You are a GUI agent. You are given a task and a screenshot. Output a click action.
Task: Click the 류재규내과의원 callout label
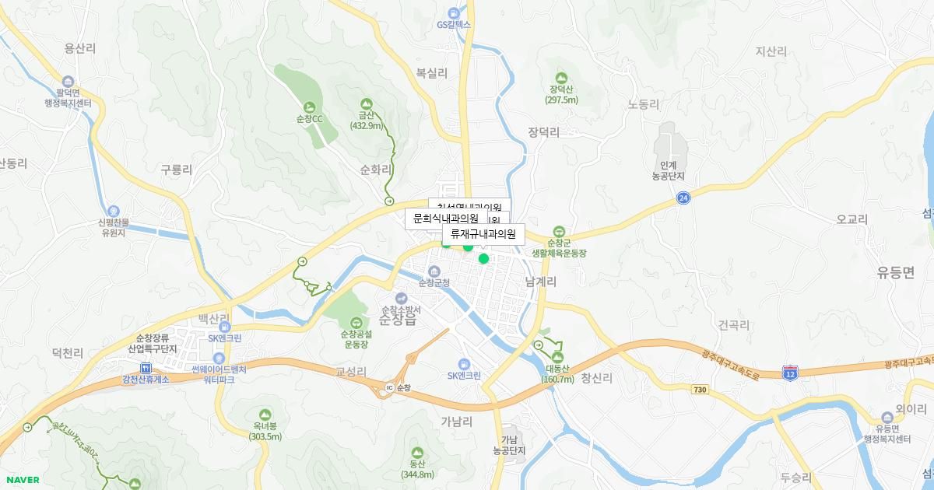[483, 233]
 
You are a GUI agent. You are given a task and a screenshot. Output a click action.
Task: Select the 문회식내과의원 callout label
[446, 219]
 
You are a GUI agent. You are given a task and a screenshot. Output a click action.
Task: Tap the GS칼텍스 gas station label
[454, 24]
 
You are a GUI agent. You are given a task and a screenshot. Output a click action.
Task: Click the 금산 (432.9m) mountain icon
[366, 103]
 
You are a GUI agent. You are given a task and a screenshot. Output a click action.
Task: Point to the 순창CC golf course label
[310, 119]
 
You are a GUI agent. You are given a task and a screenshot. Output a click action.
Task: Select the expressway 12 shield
[791, 373]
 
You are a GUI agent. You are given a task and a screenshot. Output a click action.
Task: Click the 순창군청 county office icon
[434, 270]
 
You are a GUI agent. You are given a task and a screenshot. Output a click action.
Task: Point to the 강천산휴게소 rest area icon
[145, 368]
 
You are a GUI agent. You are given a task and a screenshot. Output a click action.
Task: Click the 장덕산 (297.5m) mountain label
[561, 94]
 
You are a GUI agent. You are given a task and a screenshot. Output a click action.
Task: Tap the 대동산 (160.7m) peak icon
[557, 357]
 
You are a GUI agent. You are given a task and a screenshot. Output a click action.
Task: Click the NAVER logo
[22, 479]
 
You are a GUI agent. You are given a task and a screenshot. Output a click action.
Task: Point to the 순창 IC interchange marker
[390, 387]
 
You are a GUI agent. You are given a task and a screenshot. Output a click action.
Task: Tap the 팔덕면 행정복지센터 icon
[68, 82]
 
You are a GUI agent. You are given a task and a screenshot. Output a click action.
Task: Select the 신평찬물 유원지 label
[114, 226]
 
